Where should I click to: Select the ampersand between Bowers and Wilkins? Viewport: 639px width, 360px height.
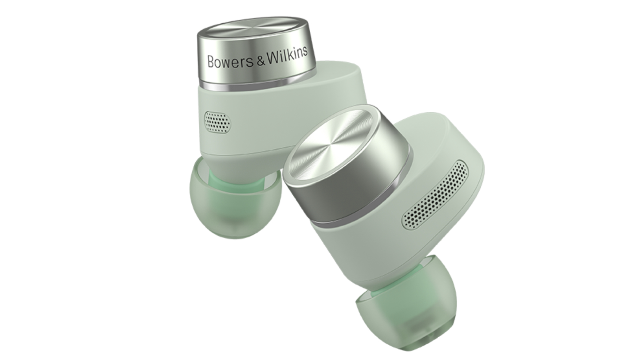261,61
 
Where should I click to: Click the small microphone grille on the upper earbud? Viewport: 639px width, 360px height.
218,121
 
